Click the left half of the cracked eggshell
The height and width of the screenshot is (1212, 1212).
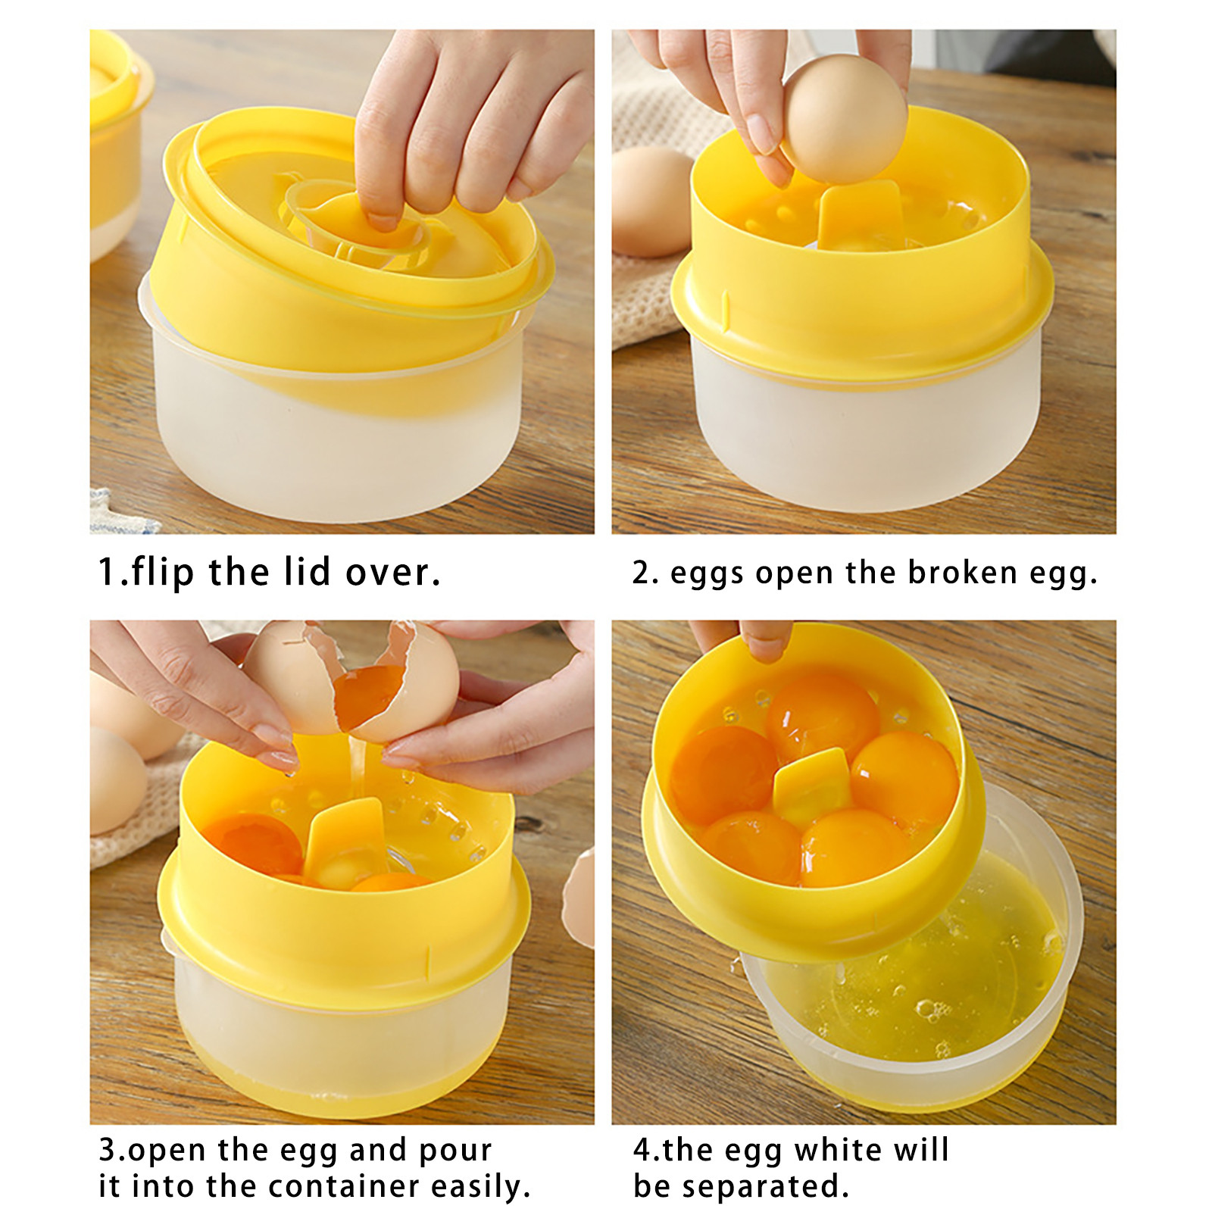tap(292, 676)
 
